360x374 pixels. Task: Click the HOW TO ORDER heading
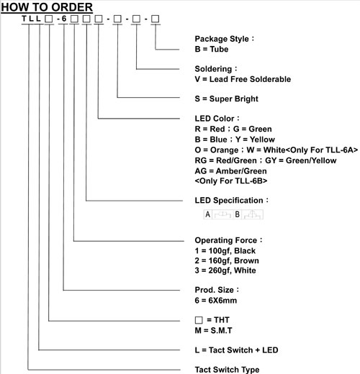pyautogui.click(x=47, y=7)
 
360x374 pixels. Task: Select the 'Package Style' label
pyautogui.click(x=222, y=39)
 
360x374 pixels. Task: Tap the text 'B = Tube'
pyautogui.click(x=212, y=49)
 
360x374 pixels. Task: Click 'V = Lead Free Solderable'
pyautogui.click(x=243, y=79)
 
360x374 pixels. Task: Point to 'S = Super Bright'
pyautogui.click(x=226, y=99)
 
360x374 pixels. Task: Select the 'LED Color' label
pyautogui.click(x=215, y=119)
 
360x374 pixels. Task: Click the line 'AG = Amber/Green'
pyautogui.click(x=230, y=171)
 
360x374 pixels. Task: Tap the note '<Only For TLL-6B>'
pyautogui.click(x=231, y=181)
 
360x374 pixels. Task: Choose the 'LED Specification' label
pyautogui.click(x=229, y=201)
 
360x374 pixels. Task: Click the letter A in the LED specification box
pyautogui.click(x=208, y=214)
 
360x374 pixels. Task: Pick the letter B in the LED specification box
pyautogui.click(x=237, y=214)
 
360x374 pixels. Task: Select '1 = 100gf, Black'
pyautogui.click(x=225, y=251)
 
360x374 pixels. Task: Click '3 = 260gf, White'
pyautogui.click(x=225, y=270)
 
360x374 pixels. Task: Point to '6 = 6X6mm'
pyautogui.click(x=216, y=301)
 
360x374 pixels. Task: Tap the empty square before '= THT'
pyautogui.click(x=199, y=320)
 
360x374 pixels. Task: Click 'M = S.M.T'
pyautogui.click(x=213, y=331)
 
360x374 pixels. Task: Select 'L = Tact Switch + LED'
pyautogui.click(x=236, y=350)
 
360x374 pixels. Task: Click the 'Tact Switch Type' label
pyautogui.click(x=227, y=370)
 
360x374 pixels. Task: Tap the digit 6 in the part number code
pyautogui.click(x=64, y=19)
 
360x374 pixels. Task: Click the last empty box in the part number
pyautogui.click(x=155, y=19)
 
